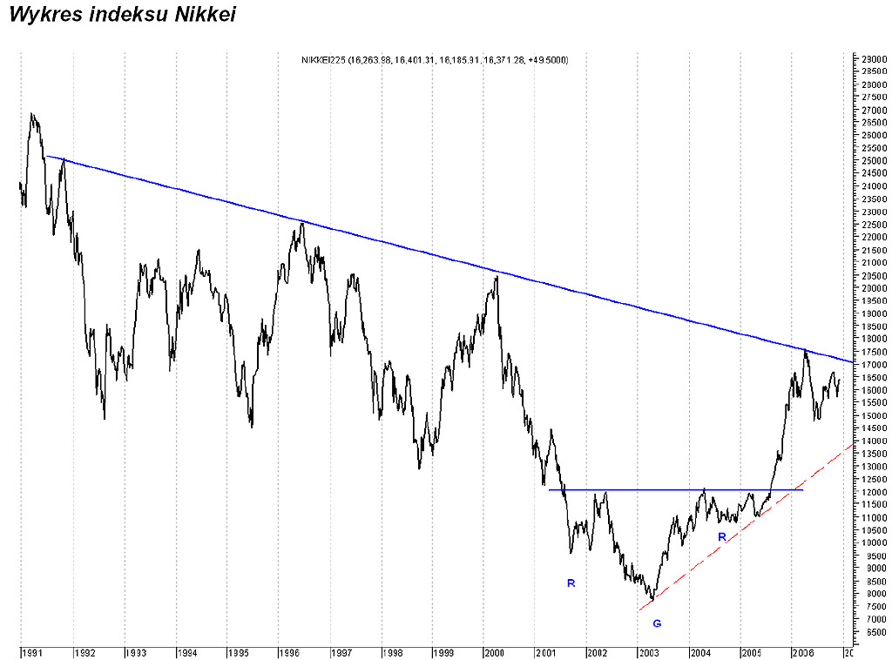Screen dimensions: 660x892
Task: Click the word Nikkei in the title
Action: click(203, 15)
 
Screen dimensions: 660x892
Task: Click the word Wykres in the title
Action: click(43, 15)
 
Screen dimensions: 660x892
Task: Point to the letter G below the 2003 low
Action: click(657, 623)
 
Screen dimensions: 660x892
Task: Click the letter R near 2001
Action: click(571, 583)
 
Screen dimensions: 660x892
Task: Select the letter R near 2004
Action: click(721, 536)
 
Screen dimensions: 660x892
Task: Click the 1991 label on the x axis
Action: click(33, 652)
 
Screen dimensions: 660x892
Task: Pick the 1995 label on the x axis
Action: click(238, 652)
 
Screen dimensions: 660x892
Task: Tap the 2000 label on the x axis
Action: click(494, 652)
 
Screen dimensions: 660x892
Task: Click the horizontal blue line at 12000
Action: click(679, 489)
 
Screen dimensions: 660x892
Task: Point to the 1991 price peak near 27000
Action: click(32, 114)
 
